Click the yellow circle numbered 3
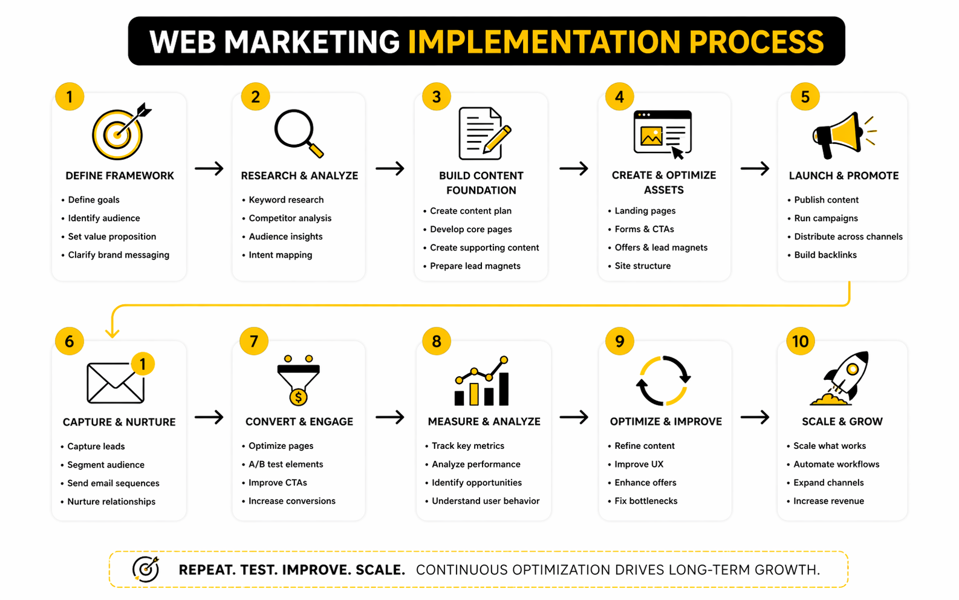click(436, 97)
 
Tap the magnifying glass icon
click(299, 134)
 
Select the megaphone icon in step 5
click(844, 135)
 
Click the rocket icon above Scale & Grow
click(839, 378)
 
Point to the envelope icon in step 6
click(115, 382)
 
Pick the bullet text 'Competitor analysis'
click(290, 218)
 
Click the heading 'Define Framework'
click(120, 175)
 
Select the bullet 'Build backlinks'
click(825, 255)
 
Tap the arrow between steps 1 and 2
click(209, 168)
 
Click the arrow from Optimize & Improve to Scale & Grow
click(755, 417)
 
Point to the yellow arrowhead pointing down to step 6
click(112, 332)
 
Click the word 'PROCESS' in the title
click(756, 42)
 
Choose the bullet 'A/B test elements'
click(285, 465)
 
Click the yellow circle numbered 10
click(800, 341)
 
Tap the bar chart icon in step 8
click(482, 380)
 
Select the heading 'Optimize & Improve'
click(666, 422)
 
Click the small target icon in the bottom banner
click(146, 570)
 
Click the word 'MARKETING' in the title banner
click(311, 42)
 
